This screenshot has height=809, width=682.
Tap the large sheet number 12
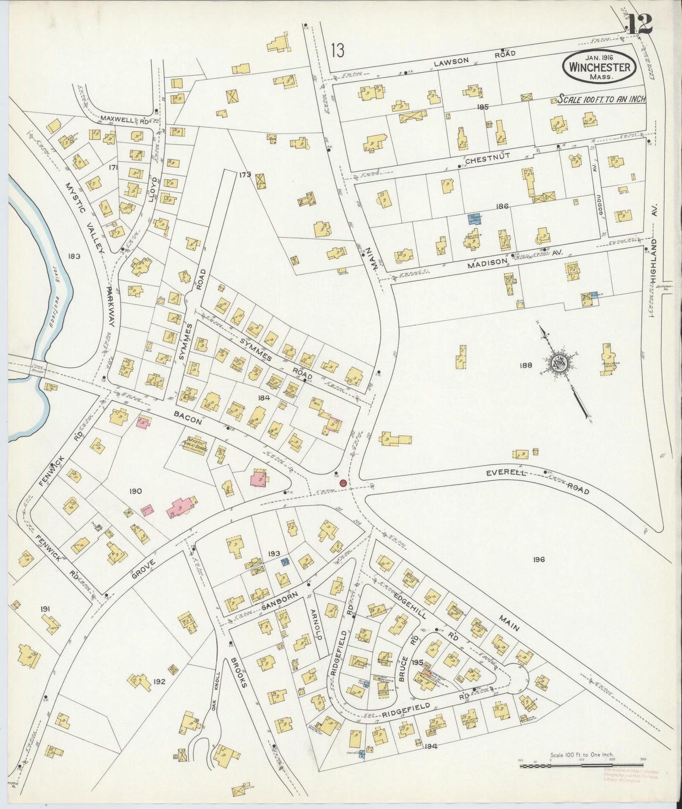[640, 24]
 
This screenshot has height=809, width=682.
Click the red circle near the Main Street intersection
[343, 483]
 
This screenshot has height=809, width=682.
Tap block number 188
[525, 365]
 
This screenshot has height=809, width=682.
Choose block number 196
[539, 559]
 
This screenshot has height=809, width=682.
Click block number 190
[135, 491]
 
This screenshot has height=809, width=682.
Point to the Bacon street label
[188, 418]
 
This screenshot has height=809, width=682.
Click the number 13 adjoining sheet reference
[337, 51]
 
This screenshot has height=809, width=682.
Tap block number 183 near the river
[74, 256]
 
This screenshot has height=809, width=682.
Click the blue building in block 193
[285, 562]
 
